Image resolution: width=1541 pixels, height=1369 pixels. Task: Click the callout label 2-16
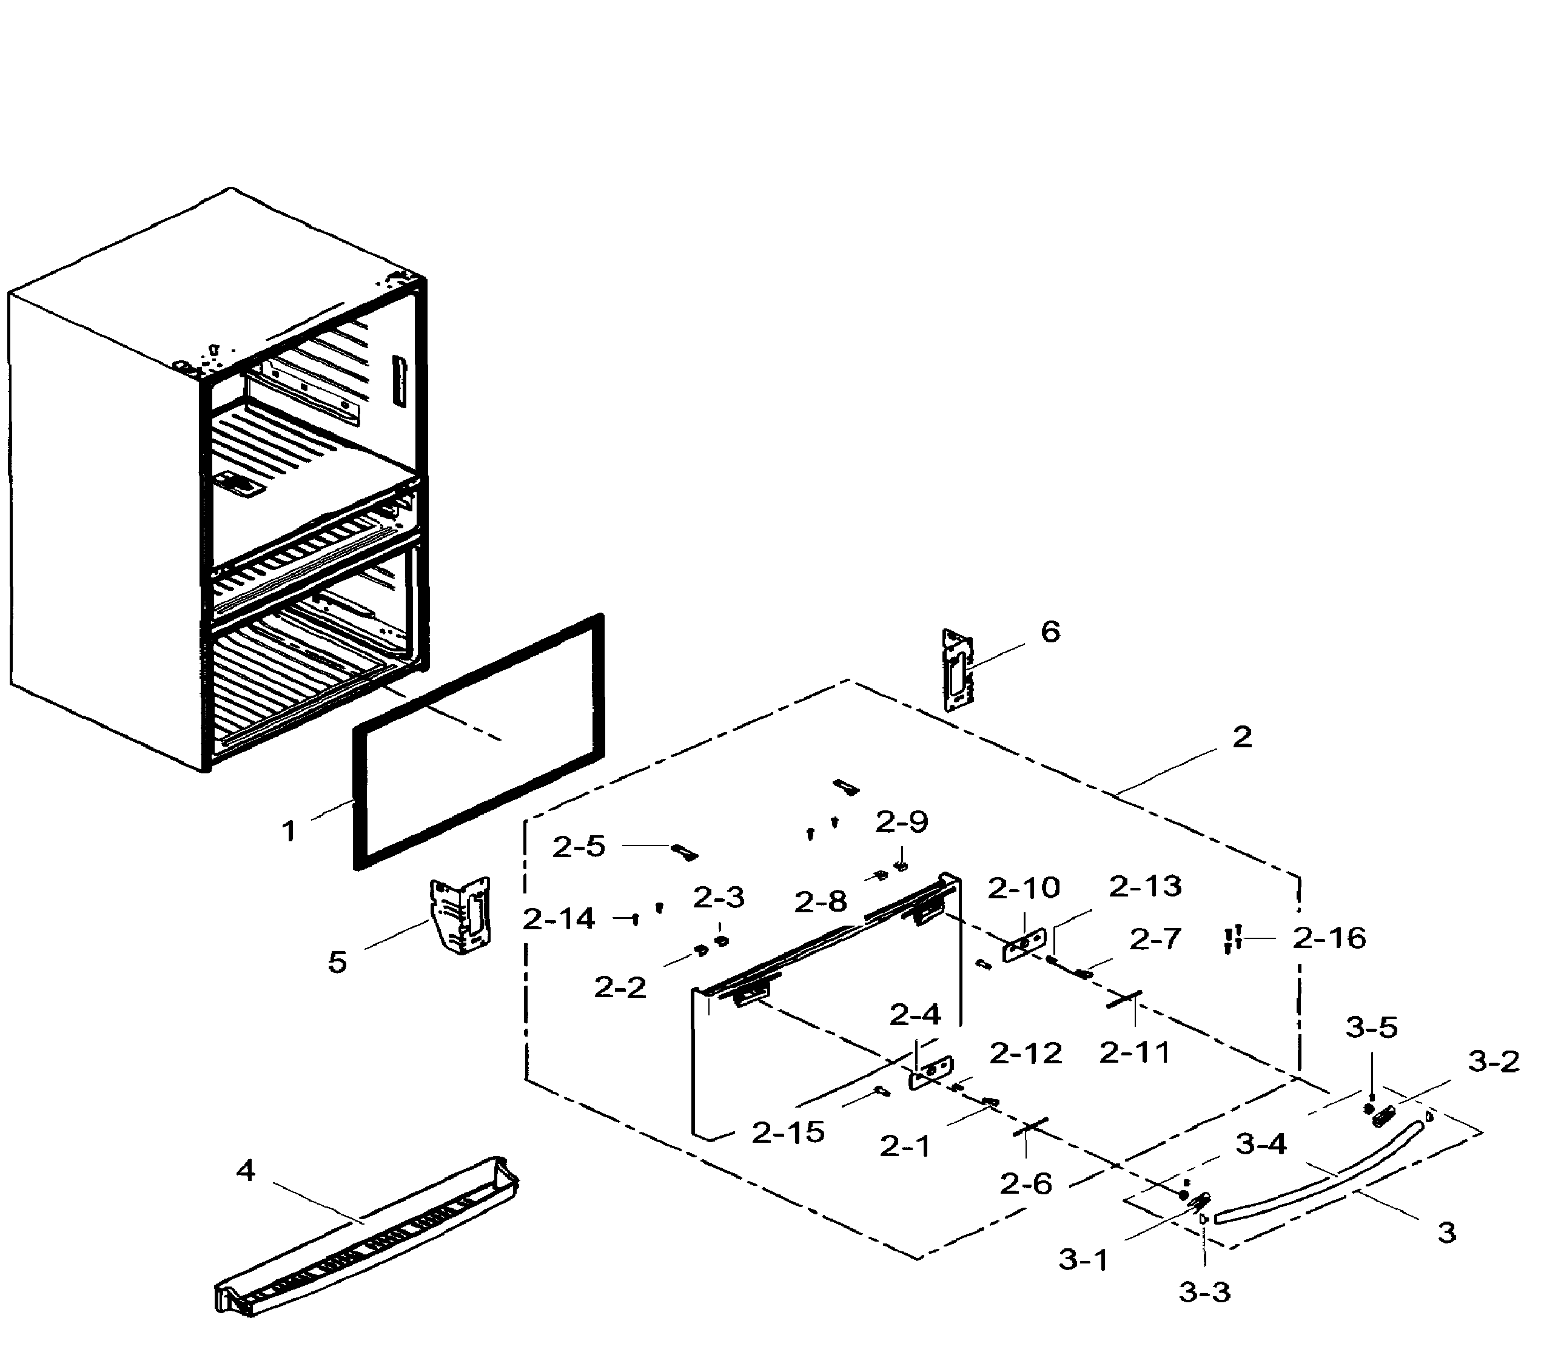coord(1329,938)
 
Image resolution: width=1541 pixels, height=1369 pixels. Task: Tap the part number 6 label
coord(1050,632)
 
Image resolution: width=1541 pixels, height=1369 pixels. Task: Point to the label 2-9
coord(901,822)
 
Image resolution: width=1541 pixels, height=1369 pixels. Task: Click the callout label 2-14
coord(559,919)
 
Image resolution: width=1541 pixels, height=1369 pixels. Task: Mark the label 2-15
coord(788,1132)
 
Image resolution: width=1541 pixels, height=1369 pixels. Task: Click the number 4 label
coord(246,1171)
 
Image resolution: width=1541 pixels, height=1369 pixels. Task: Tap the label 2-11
coord(1134,1052)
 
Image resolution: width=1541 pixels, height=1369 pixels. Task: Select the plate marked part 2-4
coord(932,1071)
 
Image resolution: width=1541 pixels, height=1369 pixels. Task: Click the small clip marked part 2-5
coord(685,852)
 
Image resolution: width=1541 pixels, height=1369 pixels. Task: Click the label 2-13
coord(1144,887)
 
